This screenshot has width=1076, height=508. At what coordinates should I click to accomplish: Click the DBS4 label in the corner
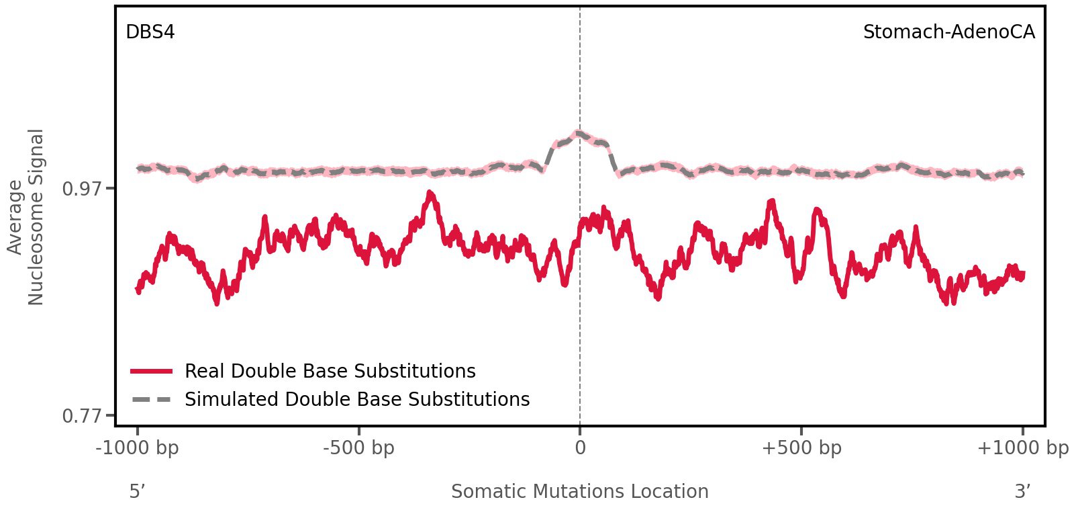(x=150, y=32)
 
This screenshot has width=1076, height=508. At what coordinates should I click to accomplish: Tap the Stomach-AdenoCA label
(x=948, y=32)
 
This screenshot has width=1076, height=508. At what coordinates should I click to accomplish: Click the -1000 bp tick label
(x=138, y=448)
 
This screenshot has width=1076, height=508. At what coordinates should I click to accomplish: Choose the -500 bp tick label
(x=358, y=448)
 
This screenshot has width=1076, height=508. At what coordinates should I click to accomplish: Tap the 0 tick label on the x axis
(x=580, y=448)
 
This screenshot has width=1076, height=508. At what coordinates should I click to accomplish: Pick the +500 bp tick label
(x=801, y=448)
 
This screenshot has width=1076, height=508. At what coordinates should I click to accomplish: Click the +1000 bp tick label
(x=1022, y=448)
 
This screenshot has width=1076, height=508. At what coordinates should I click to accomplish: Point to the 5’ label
(x=138, y=491)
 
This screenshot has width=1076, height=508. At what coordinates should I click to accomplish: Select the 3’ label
(x=1022, y=491)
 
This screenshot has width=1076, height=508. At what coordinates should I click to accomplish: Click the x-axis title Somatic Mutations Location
(x=580, y=491)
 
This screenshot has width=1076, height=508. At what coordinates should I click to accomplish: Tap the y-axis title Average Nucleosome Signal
(x=26, y=216)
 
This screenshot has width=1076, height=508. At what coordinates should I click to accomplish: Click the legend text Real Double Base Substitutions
(x=330, y=371)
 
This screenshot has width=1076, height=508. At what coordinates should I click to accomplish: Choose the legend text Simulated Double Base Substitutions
(x=357, y=399)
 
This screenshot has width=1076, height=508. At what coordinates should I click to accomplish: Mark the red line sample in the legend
(x=152, y=371)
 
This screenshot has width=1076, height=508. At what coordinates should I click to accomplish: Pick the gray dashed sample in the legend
(x=152, y=399)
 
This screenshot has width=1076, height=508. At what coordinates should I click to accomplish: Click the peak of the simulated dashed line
(x=578, y=133)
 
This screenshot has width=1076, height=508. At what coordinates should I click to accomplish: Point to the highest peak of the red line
(x=430, y=194)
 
